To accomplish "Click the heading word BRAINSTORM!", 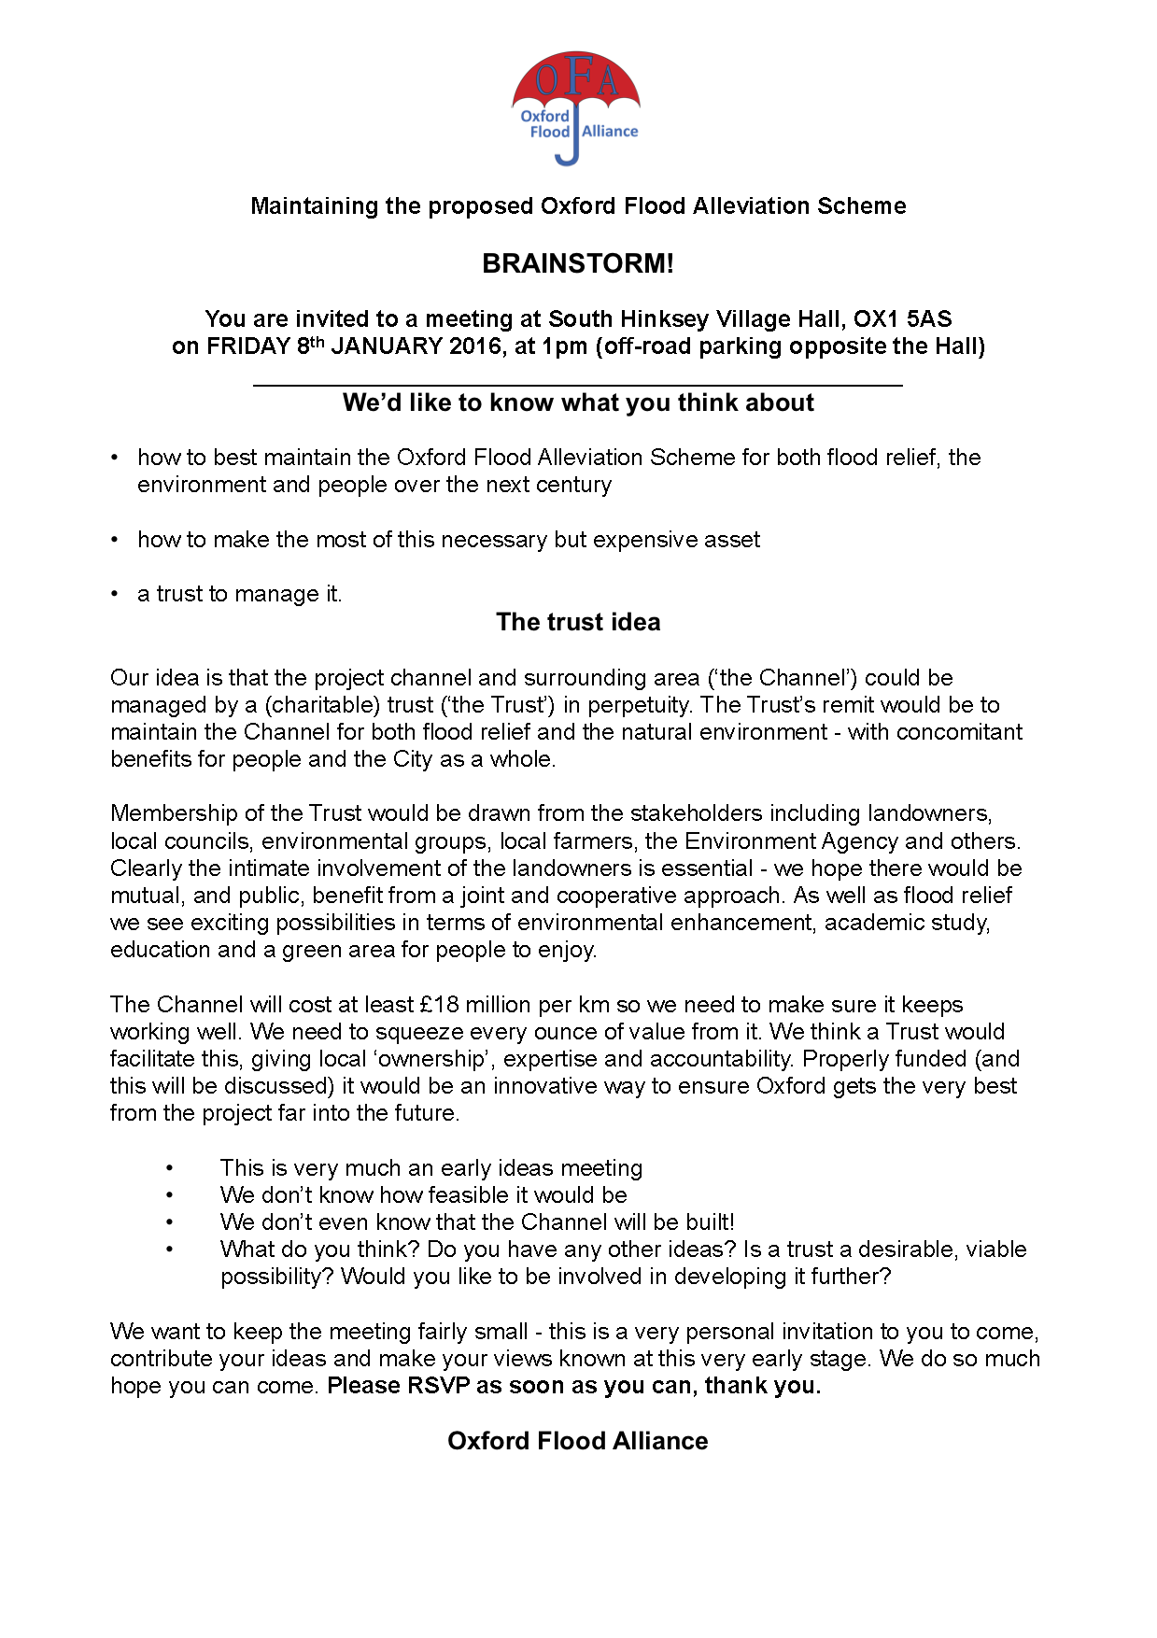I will [578, 263].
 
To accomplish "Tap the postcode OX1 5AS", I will [902, 319].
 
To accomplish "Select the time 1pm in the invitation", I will [565, 346].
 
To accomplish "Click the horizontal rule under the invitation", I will [578, 385].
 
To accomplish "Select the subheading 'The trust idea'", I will [578, 622].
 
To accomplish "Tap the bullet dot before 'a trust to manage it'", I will [115, 594].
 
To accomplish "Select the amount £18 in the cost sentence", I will [440, 1005].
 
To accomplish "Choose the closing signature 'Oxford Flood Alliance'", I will [578, 1441].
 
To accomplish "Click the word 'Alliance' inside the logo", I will [610, 132].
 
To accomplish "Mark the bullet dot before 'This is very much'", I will [170, 1168].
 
